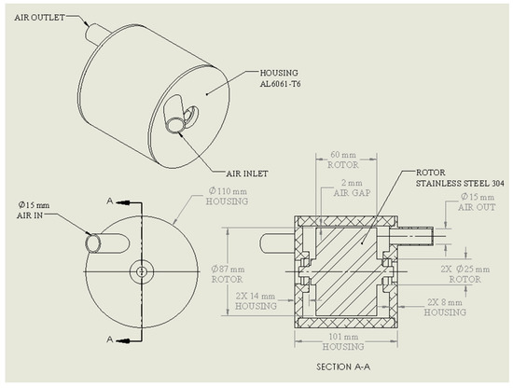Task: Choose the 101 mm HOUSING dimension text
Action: pyautogui.click(x=343, y=341)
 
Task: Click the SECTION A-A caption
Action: pyautogui.click(x=343, y=366)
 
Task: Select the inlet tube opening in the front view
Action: pyautogui.click(x=93, y=242)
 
